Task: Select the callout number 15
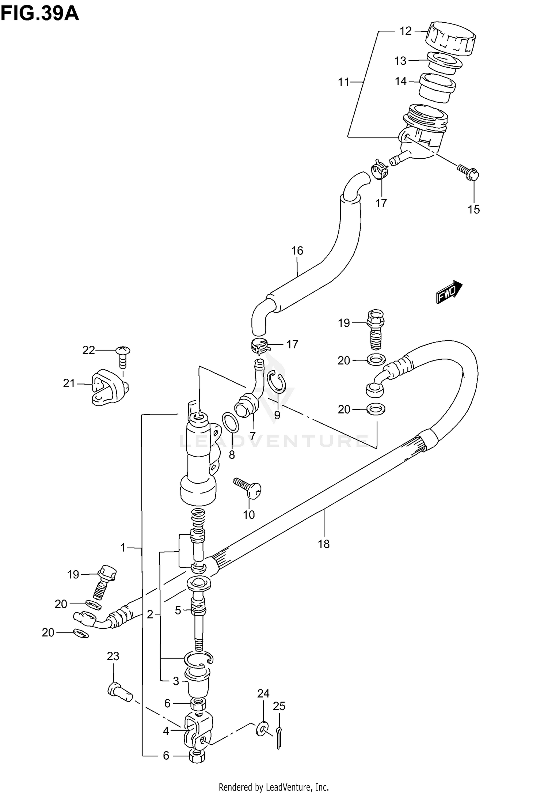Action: click(473, 209)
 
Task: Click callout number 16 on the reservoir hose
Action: click(297, 251)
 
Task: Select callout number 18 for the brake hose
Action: click(324, 544)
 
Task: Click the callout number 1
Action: click(123, 548)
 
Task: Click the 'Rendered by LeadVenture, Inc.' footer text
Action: click(273, 787)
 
